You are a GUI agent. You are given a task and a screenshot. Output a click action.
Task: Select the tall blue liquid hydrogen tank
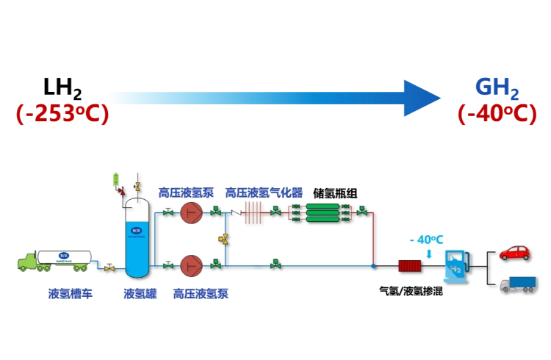click(x=136, y=239)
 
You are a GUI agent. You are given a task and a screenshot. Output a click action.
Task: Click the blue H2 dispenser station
click(x=455, y=266)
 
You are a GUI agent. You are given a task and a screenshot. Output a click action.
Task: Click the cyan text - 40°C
click(x=427, y=240)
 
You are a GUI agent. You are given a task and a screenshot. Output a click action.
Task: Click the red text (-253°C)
click(x=62, y=114)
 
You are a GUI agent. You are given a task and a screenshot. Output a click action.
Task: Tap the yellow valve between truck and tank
click(x=109, y=268)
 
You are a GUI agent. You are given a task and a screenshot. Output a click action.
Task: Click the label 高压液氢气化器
click(x=264, y=193)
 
